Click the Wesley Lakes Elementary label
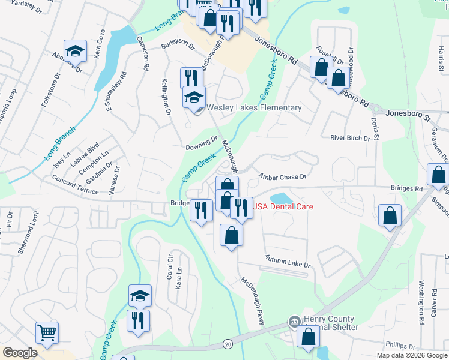point(254,108)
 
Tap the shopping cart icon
point(47,332)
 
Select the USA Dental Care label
point(283,206)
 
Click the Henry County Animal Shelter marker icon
point(294,322)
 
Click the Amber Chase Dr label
point(282,177)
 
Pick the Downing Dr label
point(201,143)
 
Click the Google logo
point(20,353)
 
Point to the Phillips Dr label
point(400,346)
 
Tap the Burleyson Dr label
point(178,46)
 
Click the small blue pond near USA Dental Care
point(280,197)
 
